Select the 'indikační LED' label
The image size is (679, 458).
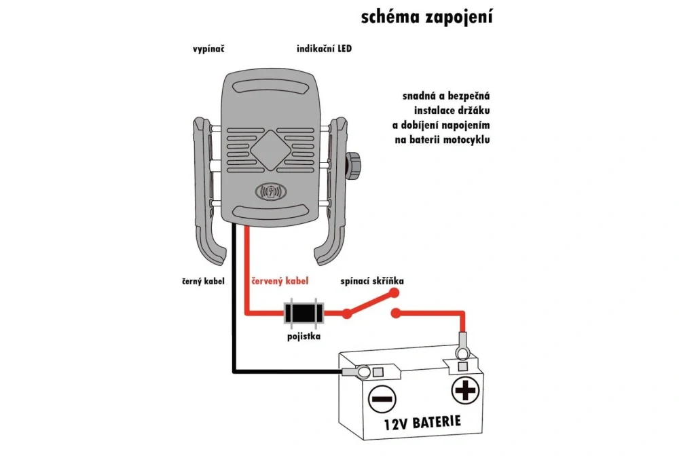coord(325,50)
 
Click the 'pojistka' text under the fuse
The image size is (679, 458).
coord(303,335)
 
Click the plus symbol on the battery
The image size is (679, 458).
coord(465,391)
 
